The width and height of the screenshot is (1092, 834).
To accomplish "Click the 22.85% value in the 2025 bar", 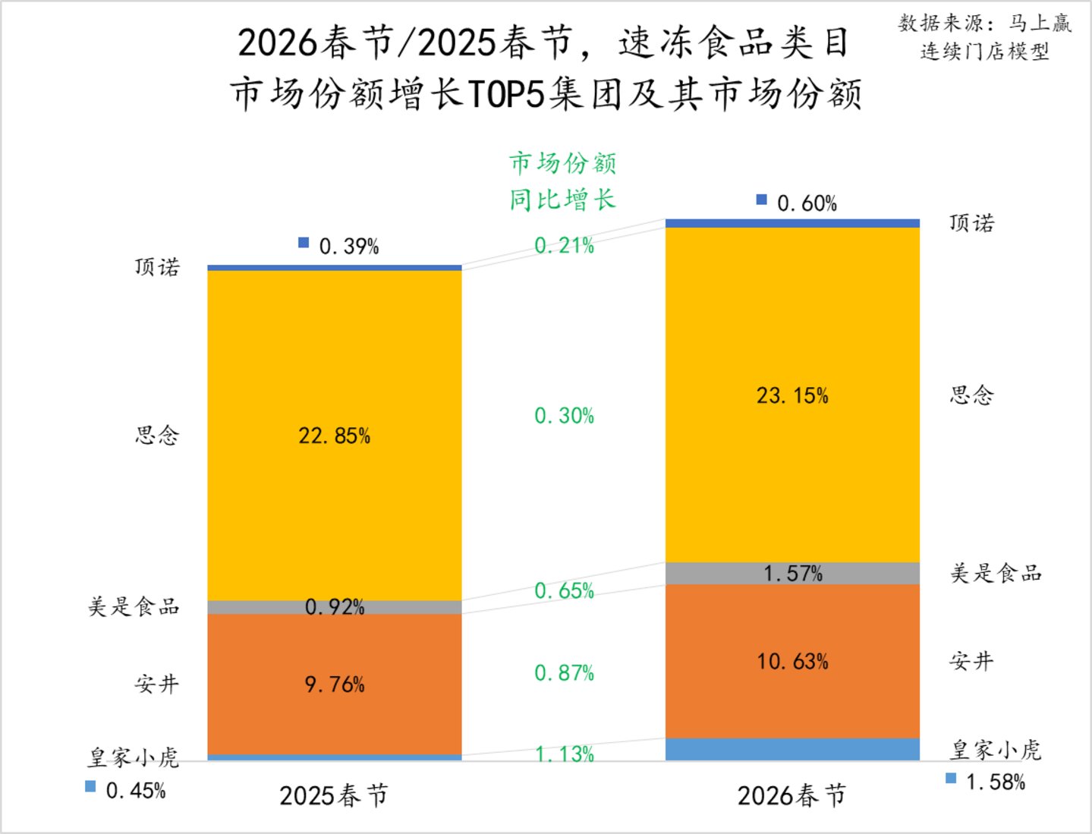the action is click(x=335, y=436).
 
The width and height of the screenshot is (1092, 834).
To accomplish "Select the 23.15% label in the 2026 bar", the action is click(x=792, y=396).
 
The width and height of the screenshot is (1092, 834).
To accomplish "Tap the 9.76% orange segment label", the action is click(x=335, y=685).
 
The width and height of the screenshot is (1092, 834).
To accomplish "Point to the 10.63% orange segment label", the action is click(x=792, y=662).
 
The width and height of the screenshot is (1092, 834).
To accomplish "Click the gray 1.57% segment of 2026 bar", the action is click(x=792, y=574).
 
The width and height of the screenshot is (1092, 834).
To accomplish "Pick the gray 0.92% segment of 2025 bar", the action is click(x=335, y=607).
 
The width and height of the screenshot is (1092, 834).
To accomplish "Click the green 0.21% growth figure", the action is click(x=564, y=246).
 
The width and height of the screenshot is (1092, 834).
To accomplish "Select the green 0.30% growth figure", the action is click(x=564, y=416).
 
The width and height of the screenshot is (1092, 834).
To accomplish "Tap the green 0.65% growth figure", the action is click(x=564, y=591).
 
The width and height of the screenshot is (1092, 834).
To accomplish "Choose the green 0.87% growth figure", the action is click(x=564, y=673).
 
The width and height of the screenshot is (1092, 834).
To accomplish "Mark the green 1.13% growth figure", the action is click(x=564, y=754).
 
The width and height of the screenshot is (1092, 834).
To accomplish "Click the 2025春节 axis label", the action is click(x=334, y=796).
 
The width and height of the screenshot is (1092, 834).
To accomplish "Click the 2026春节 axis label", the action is click(x=791, y=796).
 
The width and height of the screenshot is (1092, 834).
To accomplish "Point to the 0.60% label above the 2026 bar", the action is click(x=807, y=203).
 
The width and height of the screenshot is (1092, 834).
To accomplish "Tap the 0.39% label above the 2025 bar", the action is click(x=349, y=246).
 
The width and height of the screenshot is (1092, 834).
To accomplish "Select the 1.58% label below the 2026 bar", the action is click(x=996, y=782).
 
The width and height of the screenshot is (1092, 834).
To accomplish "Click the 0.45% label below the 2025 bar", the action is click(x=136, y=791).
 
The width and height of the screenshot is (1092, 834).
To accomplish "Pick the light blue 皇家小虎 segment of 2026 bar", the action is click(x=792, y=750).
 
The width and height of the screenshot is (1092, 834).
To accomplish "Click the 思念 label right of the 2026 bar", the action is click(x=971, y=396).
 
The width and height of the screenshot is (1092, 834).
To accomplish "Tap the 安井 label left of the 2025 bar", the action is click(x=156, y=685).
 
